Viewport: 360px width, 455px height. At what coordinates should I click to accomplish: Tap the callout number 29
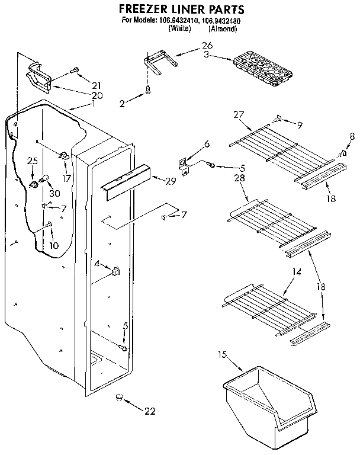pyautogui.click(x=171, y=181)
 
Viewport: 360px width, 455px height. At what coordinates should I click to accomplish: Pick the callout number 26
pyautogui.click(x=207, y=45)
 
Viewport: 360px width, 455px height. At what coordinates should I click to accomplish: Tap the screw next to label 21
pyautogui.click(x=75, y=71)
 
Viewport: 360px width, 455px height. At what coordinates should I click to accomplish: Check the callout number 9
pyautogui.click(x=300, y=124)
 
